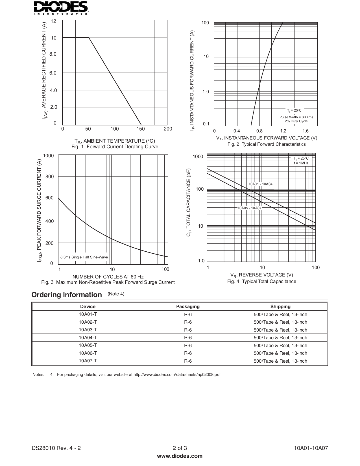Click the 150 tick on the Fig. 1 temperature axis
click(140, 129)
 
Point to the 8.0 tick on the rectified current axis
click(53, 54)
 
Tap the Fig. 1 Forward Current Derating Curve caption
click(115, 147)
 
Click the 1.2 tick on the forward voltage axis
click(283, 131)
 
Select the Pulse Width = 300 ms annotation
click(296, 117)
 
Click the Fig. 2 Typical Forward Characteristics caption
click(267, 144)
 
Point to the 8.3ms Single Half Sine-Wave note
click(84, 257)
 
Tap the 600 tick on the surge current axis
click(49, 198)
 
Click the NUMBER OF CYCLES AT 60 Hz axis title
click(108, 277)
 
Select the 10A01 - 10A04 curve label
click(260, 184)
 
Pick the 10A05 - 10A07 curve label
click(249, 208)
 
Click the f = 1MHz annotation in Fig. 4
click(301, 163)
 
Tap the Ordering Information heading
click(67, 295)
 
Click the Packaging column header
click(188, 307)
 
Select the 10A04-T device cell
click(88, 337)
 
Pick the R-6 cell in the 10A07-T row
click(188, 361)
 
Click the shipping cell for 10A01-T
click(280, 315)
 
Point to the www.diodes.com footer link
click(180, 456)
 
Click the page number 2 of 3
click(180, 448)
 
